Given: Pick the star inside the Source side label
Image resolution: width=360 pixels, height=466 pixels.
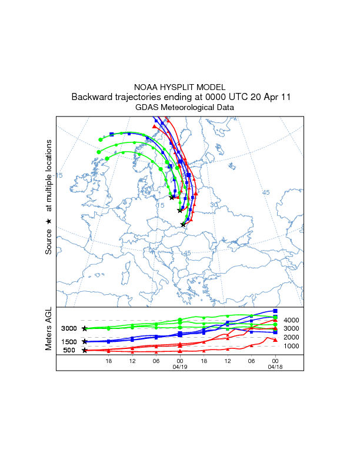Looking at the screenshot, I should (x=49, y=221).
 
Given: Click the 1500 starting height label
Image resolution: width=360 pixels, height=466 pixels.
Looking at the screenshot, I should (x=69, y=342).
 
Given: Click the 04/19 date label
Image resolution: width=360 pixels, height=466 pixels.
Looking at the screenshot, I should (x=180, y=367).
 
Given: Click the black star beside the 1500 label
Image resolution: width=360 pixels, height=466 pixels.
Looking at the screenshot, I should (x=85, y=341).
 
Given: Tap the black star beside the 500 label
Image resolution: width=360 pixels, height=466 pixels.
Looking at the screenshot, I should (x=85, y=350).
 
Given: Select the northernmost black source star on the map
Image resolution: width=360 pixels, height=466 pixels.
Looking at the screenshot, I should (x=171, y=197).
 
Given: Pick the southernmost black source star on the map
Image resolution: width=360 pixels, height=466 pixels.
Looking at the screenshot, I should (x=183, y=224).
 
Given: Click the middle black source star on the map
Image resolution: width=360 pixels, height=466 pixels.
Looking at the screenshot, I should (x=179, y=210).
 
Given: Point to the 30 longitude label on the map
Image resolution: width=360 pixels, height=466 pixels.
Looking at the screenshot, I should (x=214, y=204).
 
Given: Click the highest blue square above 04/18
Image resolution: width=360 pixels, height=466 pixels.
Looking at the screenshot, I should (x=275, y=311).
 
